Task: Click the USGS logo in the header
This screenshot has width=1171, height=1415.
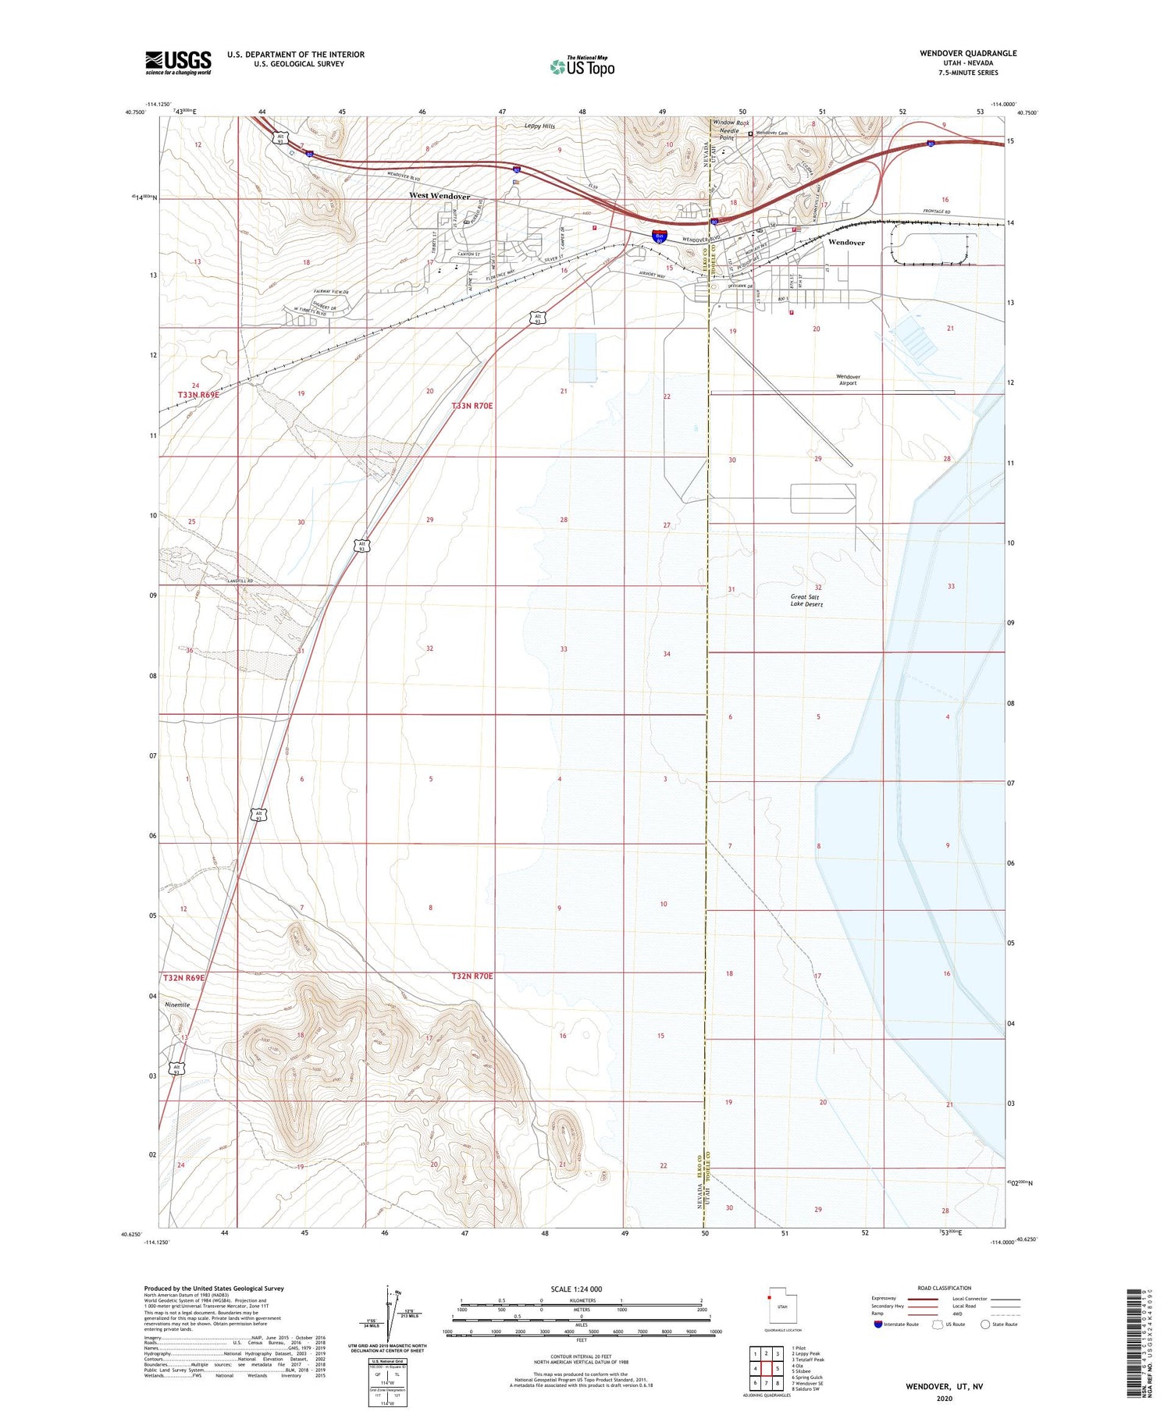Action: click(178, 62)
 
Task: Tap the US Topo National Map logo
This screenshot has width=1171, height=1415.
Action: click(582, 66)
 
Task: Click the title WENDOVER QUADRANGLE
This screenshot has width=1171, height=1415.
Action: click(967, 53)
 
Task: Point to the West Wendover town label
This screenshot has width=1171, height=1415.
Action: click(440, 196)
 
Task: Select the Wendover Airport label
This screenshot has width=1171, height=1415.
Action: click(848, 380)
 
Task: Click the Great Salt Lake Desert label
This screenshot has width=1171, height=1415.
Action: click(806, 600)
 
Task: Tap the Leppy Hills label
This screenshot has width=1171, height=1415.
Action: click(539, 126)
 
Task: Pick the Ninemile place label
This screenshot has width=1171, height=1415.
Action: click(177, 1004)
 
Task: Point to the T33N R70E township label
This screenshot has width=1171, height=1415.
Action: click(472, 406)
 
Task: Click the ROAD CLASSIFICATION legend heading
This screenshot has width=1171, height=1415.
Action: click(944, 1288)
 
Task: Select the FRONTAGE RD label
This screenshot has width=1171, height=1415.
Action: click(936, 212)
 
